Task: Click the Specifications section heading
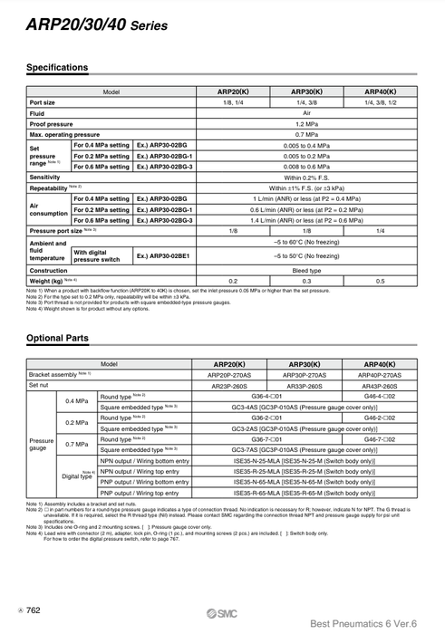point(57,68)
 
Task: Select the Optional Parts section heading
point(57,338)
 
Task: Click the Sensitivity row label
point(45,178)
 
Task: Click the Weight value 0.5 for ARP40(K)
point(380,281)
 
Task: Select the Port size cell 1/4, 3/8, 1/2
point(380,102)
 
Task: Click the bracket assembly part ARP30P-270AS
point(305,374)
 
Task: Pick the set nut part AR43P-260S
point(380,385)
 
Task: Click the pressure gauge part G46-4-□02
point(380,397)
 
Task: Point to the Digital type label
point(77,475)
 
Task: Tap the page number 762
point(34,610)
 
